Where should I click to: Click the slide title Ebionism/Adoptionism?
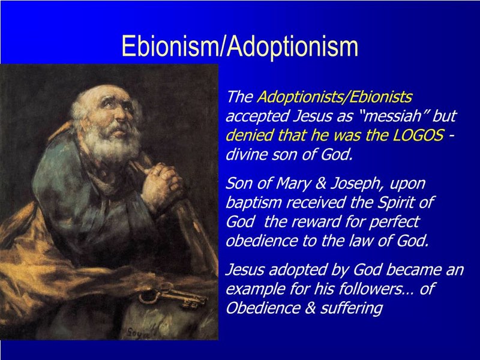click(x=239, y=46)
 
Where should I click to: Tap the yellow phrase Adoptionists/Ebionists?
click(x=334, y=97)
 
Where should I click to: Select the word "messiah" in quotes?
click(x=394, y=116)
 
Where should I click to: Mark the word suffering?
click(x=352, y=308)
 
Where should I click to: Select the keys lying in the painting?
click(x=172, y=297)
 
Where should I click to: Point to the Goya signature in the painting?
click(x=139, y=333)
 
